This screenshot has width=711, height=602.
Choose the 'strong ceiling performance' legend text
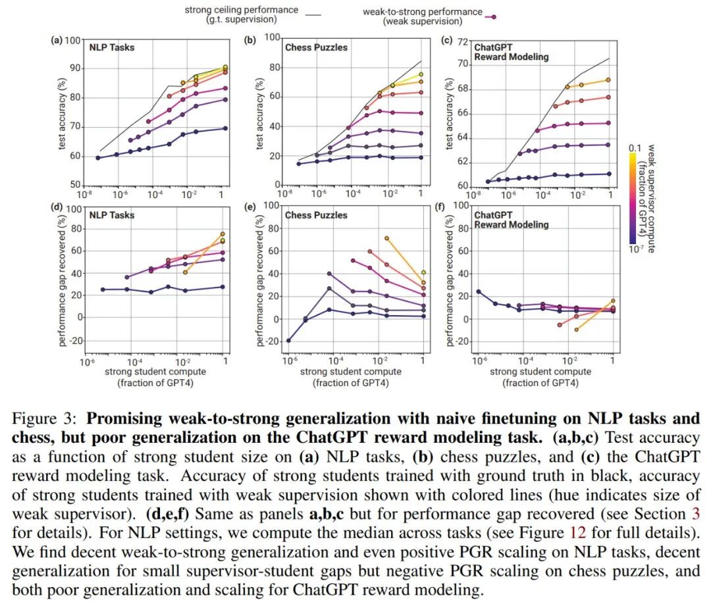(x=241, y=10)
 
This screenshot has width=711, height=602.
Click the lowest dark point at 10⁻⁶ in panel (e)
(x=288, y=340)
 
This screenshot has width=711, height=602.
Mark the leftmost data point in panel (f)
(x=479, y=291)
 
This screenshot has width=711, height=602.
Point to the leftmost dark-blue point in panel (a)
(x=98, y=158)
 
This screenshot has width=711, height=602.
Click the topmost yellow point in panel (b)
(x=420, y=74)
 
